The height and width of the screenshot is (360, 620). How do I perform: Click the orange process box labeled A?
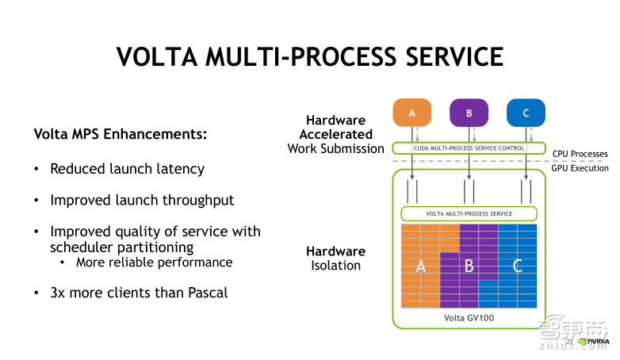pos(411,113)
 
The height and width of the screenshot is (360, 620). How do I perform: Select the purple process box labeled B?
pos(469,113)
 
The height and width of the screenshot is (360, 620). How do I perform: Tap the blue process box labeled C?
pos(526,113)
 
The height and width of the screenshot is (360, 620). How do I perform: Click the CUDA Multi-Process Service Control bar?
pos(469,147)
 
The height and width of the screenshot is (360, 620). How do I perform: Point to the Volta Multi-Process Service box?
pos(469,213)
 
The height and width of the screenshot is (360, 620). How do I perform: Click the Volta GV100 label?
pos(469,318)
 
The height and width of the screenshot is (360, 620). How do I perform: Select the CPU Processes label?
pos(580,154)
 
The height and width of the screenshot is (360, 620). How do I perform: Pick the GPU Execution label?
pos(580,167)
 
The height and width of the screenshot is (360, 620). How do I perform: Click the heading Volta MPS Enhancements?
pos(121,134)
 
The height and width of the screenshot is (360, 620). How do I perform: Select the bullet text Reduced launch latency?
pos(127,169)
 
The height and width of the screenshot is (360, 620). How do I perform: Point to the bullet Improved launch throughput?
pos(142,200)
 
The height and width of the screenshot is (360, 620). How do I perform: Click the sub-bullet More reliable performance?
pos(155,262)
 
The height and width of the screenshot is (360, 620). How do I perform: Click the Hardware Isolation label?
pos(335,258)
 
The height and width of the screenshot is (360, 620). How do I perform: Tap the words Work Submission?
pos(335,148)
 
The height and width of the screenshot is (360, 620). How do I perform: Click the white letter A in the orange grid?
pos(421,266)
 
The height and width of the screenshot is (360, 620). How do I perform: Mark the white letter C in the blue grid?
pos(517,266)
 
